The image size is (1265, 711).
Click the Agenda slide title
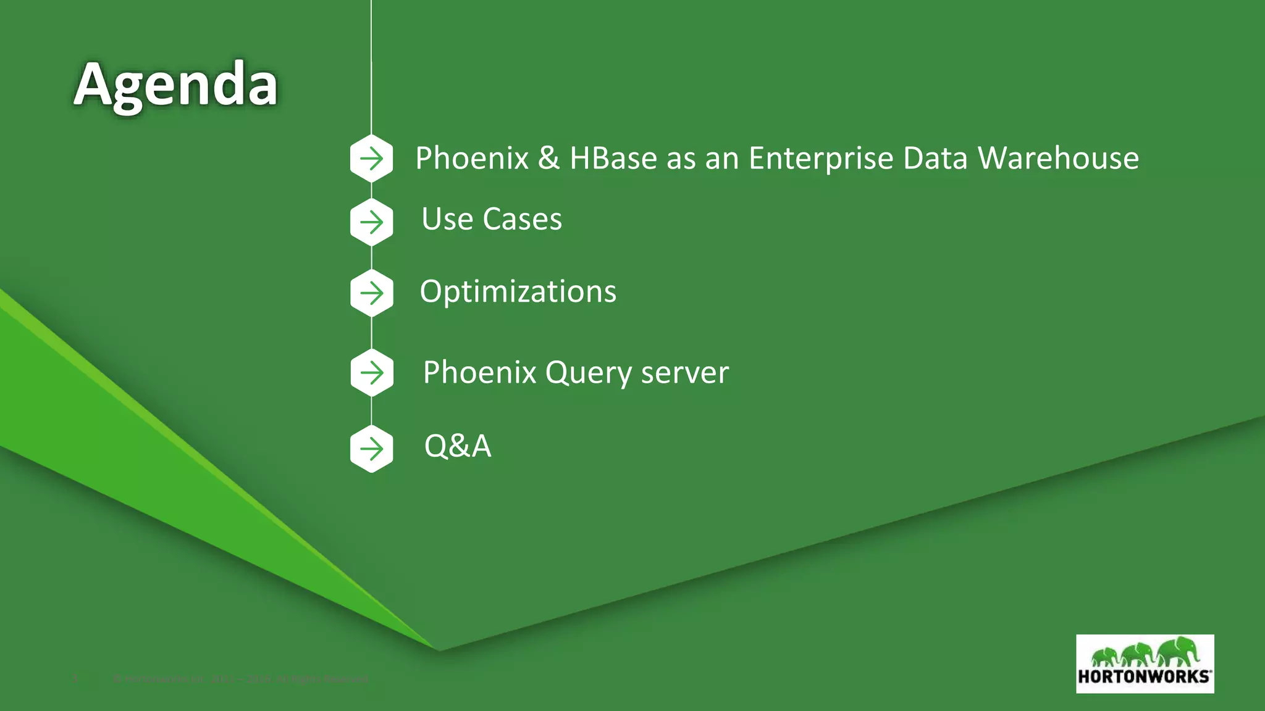pos(175,85)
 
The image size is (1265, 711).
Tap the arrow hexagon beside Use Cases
pos(371,222)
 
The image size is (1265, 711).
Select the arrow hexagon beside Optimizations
pos(371,293)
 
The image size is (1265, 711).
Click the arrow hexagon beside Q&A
pos(371,449)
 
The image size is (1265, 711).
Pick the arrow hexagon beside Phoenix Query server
pos(371,372)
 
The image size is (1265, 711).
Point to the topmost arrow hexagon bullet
pos(371,159)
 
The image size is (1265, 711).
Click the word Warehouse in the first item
pos(1058,158)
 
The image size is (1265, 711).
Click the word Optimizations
pos(518,291)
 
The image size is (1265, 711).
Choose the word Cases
pos(522,219)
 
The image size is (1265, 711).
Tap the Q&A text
pos(457,446)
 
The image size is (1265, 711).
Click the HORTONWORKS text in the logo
pos(1144,676)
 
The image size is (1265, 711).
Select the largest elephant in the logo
pos(1179,651)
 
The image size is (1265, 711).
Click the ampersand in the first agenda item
pos(548,158)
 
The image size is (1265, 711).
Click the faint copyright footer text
pos(241,679)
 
